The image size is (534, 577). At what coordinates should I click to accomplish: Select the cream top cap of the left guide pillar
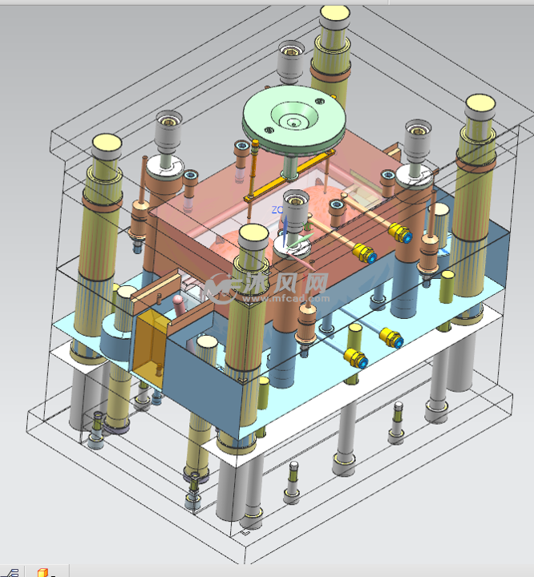(x=107, y=145)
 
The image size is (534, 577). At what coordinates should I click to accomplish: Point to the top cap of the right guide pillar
(x=479, y=102)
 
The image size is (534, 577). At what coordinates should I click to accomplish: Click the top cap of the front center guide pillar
(x=253, y=235)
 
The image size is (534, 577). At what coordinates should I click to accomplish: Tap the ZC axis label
(x=277, y=209)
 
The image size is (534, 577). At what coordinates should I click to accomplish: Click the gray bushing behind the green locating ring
(x=292, y=61)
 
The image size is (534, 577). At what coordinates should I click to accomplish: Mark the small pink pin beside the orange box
(x=177, y=302)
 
